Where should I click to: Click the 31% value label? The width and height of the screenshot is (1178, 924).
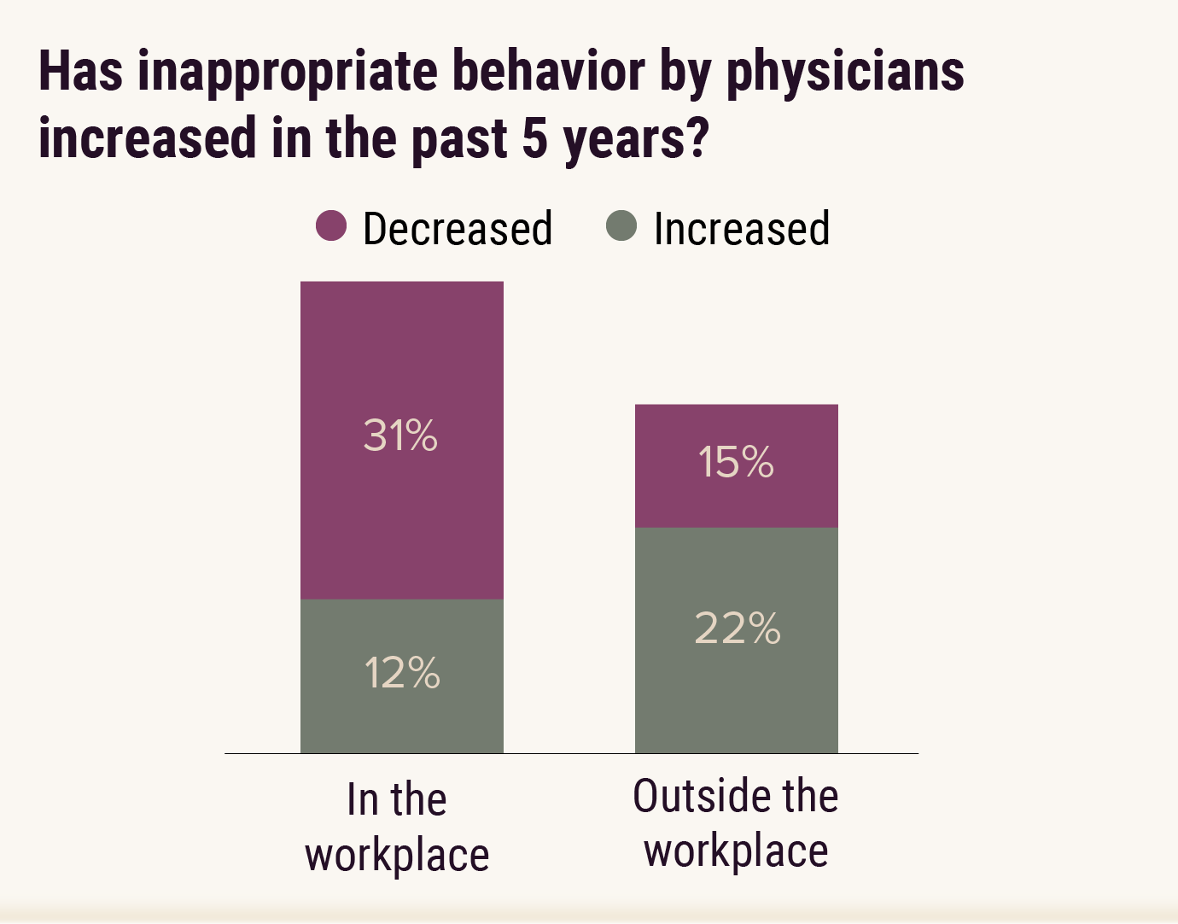click(x=400, y=436)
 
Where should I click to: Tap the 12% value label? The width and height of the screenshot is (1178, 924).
click(x=402, y=673)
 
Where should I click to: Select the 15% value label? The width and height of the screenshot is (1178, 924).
click(x=736, y=462)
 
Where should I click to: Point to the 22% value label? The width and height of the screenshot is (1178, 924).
click(x=738, y=629)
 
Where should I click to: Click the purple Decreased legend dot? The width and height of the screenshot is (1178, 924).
click(x=331, y=226)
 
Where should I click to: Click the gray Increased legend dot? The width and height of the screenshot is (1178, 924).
click(x=621, y=226)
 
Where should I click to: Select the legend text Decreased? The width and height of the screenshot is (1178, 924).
click(x=458, y=229)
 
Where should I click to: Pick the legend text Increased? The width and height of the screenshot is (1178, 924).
click(x=741, y=229)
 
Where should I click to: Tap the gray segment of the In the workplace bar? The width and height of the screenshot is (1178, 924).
click(x=402, y=717)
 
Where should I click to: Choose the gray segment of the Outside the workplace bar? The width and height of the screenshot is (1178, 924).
click(x=736, y=692)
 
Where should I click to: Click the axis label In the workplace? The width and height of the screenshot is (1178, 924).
click(x=397, y=827)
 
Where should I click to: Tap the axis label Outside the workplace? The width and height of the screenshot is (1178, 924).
click(x=736, y=823)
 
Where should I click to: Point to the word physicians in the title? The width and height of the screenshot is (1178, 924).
click(x=845, y=72)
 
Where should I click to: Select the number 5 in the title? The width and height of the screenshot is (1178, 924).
click(x=535, y=138)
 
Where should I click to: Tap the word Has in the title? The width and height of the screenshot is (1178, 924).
click(x=80, y=72)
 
